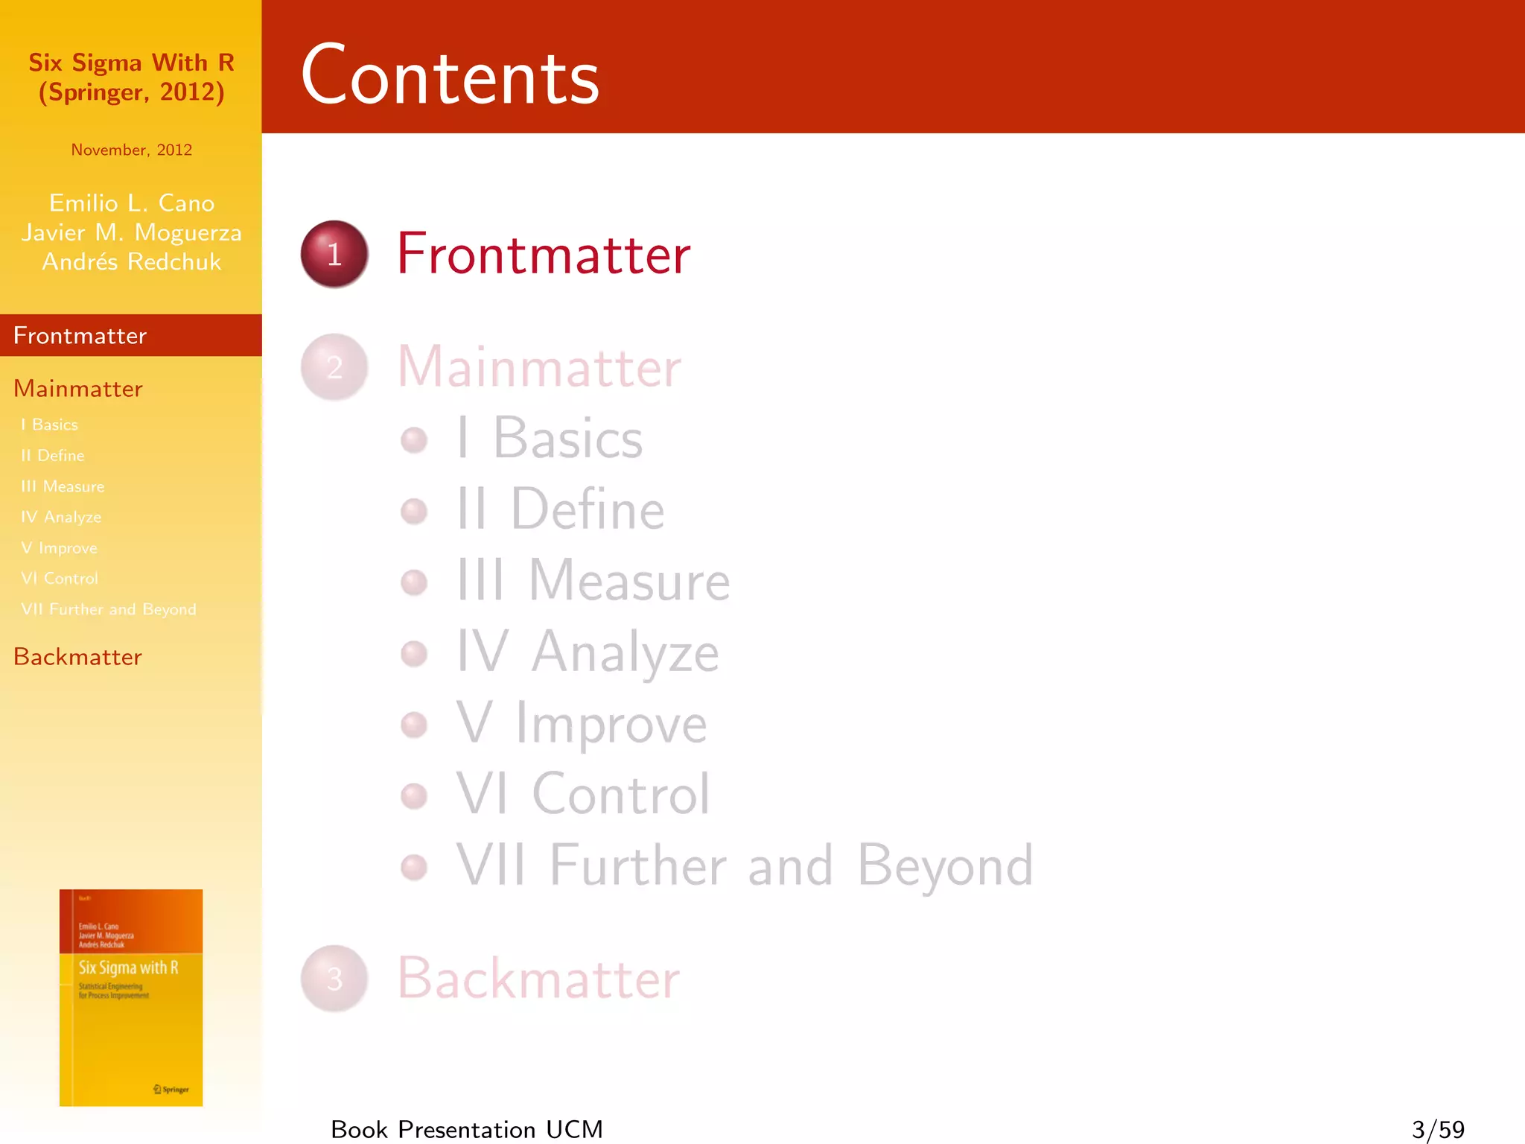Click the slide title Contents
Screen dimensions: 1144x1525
click(x=450, y=76)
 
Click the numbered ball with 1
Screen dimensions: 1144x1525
click(x=334, y=254)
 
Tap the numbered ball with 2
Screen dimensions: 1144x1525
click(x=334, y=366)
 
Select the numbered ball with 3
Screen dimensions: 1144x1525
click(x=334, y=978)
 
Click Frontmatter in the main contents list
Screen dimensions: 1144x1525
click(x=544, y=254)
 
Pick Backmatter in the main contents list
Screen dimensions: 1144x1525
click(x=538, y=978)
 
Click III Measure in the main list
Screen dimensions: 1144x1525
click(x=593, y=580)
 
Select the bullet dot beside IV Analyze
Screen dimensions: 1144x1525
click(x=414, y=654)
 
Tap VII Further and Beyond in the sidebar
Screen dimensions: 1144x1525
click(x=109, y=609)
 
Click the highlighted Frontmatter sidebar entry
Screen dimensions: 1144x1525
click(x=80, y=336)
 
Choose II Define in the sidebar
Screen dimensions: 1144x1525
click(x=53, y=455)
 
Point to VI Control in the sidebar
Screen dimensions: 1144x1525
click(x=60, y=578)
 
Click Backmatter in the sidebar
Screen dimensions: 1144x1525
click(x=77, y=657)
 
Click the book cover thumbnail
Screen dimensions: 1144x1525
click(x=131, y=997)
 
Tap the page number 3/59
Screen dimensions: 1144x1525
click(x=1438, y=1129)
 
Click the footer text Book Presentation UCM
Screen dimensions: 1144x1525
click(x=467, y=1129)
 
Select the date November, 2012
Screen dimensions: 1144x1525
click(x=132, y=150)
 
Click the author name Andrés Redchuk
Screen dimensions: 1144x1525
click(x=132, y=261)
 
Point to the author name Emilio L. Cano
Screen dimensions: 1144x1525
click(x=132, y=203)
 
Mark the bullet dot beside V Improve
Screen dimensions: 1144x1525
click(x=414, y=725)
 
